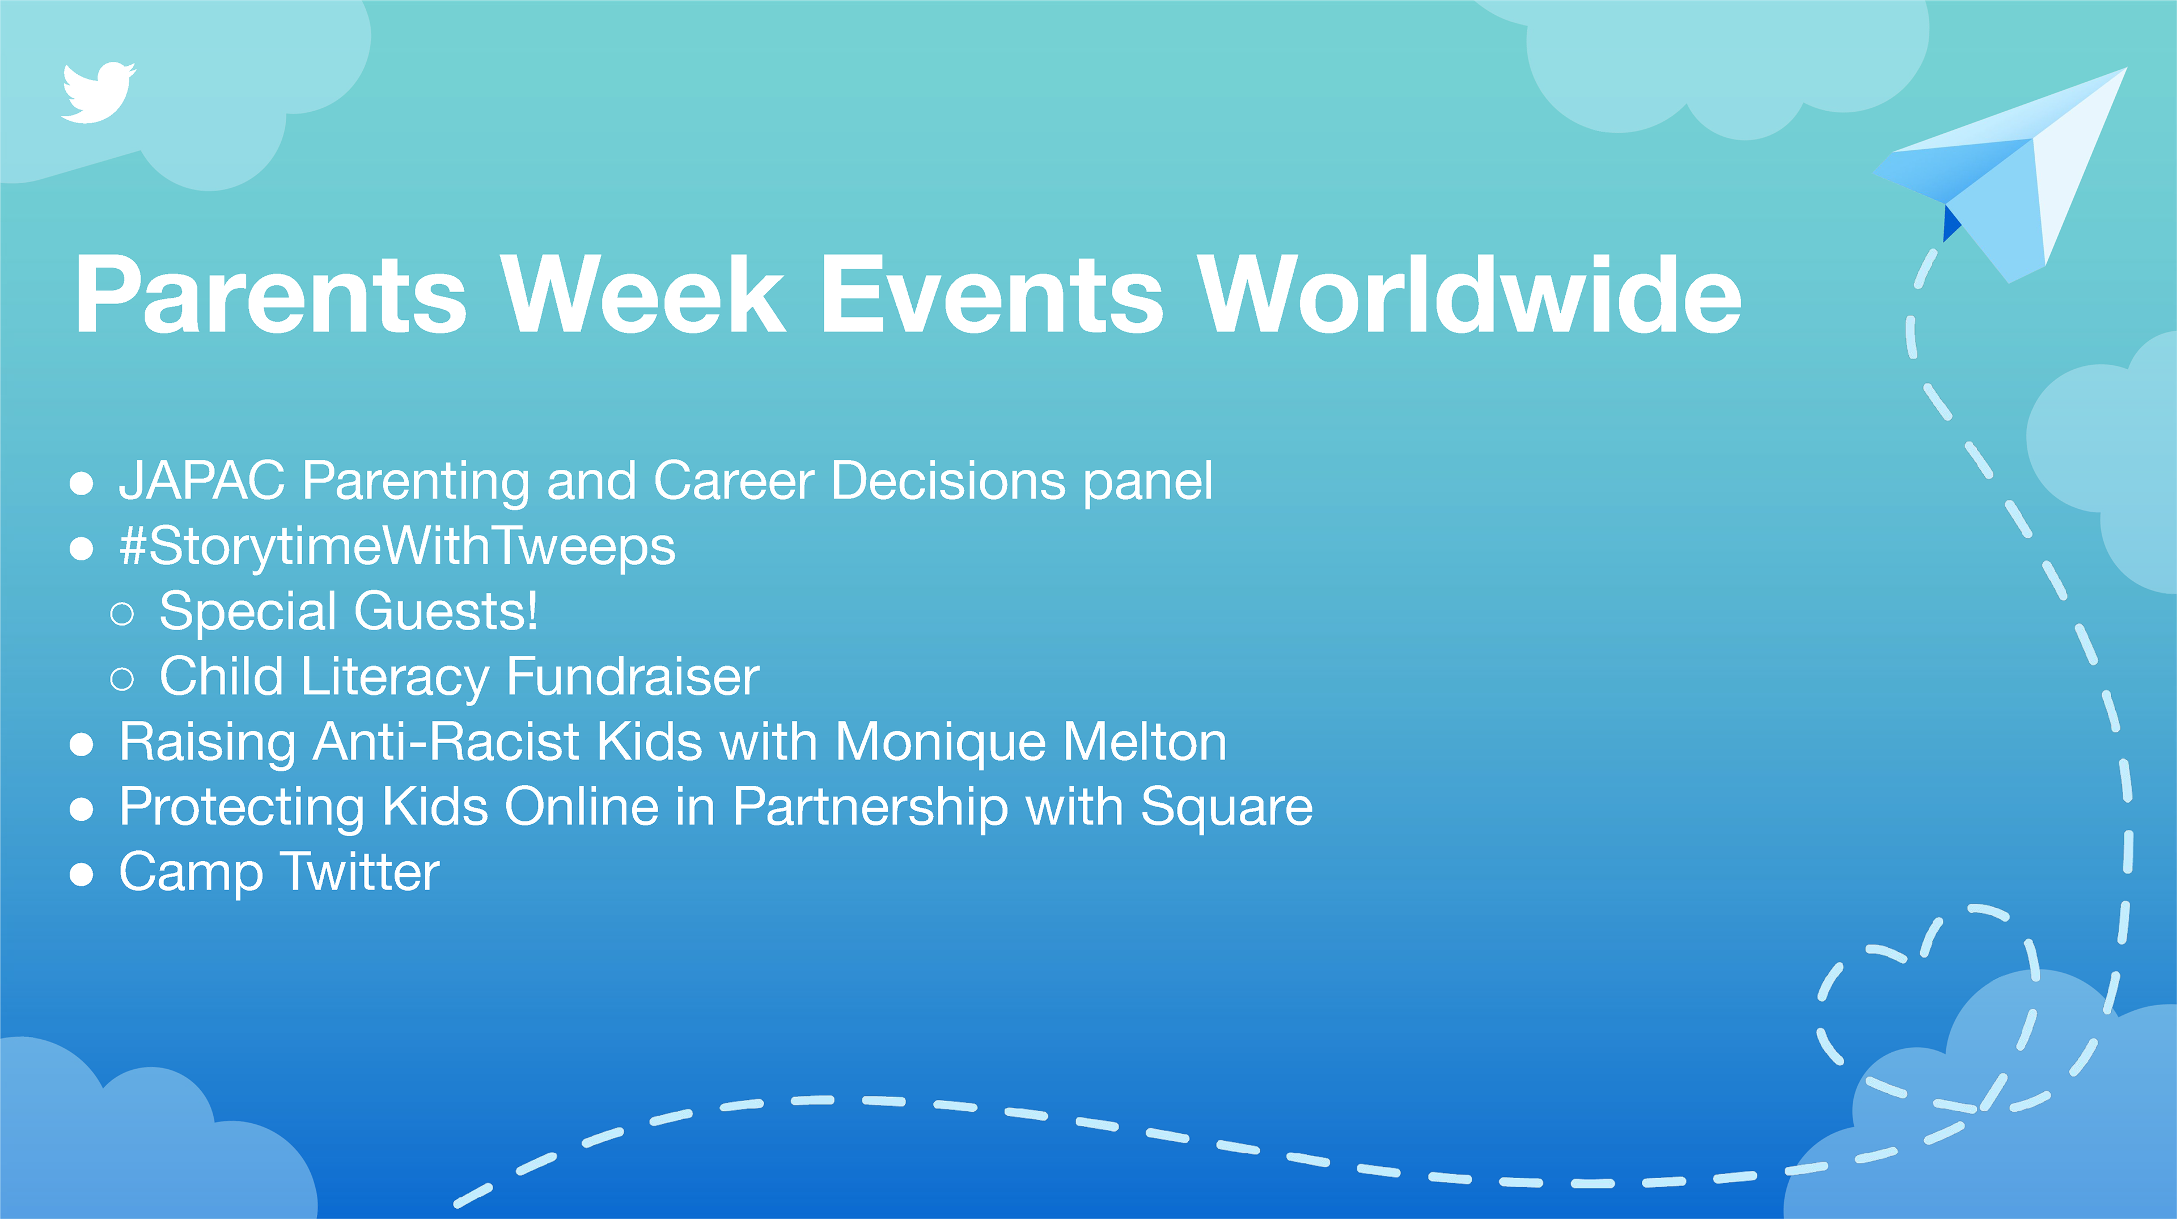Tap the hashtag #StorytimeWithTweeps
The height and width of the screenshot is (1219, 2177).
coord(397,547)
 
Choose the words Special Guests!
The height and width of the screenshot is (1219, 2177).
coord(348,611)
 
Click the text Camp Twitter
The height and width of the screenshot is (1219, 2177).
coord(279,873)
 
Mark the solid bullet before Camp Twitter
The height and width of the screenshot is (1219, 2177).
coord(81,874)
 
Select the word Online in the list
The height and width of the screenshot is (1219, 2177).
coord(582,807)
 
